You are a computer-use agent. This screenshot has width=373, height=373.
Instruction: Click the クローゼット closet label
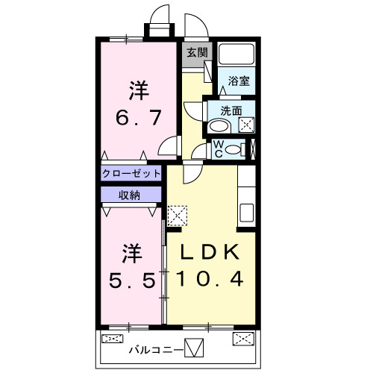(x=132, y=173)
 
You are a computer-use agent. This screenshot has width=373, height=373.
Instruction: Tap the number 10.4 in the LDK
(x=212, y=279)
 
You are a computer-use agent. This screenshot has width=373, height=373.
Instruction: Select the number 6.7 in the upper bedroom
(x=138, y=117)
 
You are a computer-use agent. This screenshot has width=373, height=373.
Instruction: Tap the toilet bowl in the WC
(x=234, y=148)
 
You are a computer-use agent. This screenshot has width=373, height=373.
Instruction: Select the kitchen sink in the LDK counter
(x=247, y=211)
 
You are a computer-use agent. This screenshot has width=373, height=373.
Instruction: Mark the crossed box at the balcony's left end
(x=112, y=339)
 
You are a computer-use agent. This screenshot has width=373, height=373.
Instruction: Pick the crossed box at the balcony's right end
(x=244, y=339)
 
